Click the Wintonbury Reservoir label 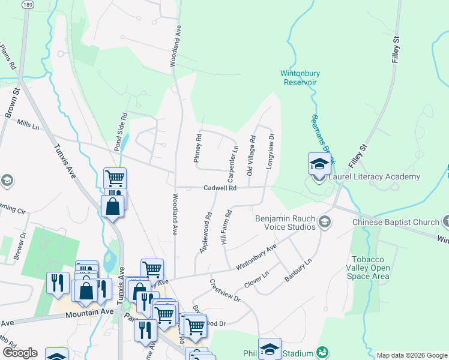pyautogui.click(x=300, y=78)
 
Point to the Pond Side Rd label pyautogui.click(x=121, y=131)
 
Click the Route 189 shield pyautogui.click(x=27, y=4)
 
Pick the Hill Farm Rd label pyautogui.click(x=226, y=226)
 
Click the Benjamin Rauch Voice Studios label pyautogui.click(x=285, y=223)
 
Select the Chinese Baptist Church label pyautogui.click(x=396, y=222)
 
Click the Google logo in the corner pyautogui.click(x=20, y=353)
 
